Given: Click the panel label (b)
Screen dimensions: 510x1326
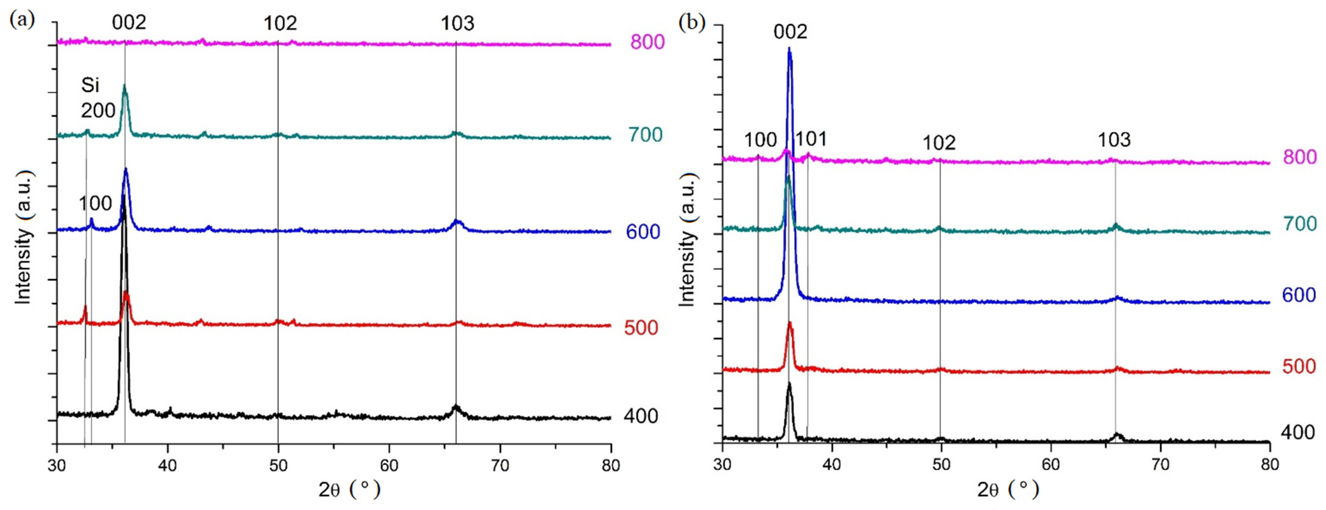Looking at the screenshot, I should [691, 23].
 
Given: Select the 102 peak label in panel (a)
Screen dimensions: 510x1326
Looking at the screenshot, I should [280, 24].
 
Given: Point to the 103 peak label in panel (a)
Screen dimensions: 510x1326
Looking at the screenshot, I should [457, 24].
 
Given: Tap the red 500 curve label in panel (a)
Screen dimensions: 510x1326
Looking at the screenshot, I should [641, 328].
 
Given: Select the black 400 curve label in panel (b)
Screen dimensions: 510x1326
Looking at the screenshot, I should [1297, 432].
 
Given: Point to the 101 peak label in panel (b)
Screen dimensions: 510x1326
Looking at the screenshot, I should [811, 139].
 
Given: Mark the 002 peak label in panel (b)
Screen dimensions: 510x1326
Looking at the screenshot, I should [790, 32].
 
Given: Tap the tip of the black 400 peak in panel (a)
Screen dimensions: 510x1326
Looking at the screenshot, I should [124, 196].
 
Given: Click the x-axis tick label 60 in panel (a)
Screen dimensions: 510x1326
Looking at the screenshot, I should [389, 465].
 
